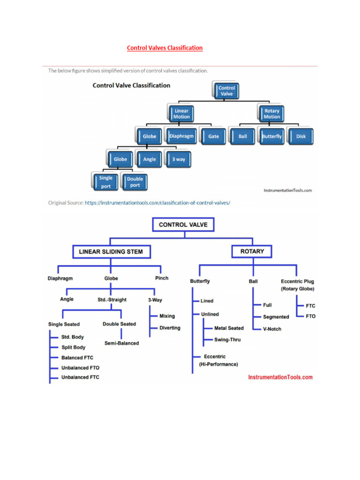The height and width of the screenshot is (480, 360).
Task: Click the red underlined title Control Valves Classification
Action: coord(165,48)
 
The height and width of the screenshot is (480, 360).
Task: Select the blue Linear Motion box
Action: coord(181,113)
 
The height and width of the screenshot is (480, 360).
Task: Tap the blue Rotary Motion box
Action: coord(271,113)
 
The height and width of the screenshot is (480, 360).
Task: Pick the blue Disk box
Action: coord(301,136)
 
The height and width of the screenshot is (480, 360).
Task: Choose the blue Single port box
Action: coord(105,182)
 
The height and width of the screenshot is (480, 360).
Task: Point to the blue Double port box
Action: coord(135,182)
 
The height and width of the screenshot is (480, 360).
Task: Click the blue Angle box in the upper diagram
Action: coord(150,159)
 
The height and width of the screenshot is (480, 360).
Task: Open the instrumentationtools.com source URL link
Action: coord(157,203)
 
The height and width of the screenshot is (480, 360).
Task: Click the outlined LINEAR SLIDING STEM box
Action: coord(111,252)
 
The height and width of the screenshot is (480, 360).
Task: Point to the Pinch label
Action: coord(161,278)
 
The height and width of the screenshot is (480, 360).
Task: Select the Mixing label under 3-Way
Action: coord(167,316)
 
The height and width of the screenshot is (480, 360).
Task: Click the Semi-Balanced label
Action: coord(121,343)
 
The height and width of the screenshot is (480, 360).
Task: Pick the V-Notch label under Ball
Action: coord(272,329)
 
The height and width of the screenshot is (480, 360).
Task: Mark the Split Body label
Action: coord(74,347)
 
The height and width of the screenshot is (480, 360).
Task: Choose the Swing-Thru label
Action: coord(227,339)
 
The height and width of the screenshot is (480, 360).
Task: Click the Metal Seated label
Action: coord(229,328)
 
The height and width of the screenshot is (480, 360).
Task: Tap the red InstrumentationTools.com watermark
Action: coord(280,377)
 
